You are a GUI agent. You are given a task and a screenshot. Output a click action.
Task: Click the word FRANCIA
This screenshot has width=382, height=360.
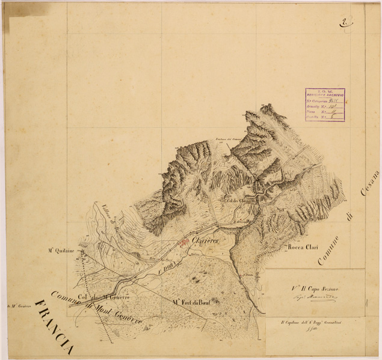coord(55,325)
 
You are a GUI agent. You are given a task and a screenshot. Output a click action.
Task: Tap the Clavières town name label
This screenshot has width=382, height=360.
coord(206,240)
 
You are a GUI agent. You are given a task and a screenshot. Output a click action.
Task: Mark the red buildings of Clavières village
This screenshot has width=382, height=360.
coord(185,243)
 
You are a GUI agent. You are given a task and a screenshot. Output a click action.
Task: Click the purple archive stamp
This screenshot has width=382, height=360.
coord(325,105)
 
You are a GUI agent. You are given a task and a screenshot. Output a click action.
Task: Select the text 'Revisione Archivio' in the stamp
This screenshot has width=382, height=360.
coord(325,94)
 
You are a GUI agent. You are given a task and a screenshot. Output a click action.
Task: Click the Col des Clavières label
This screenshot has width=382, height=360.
coord(239,200)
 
